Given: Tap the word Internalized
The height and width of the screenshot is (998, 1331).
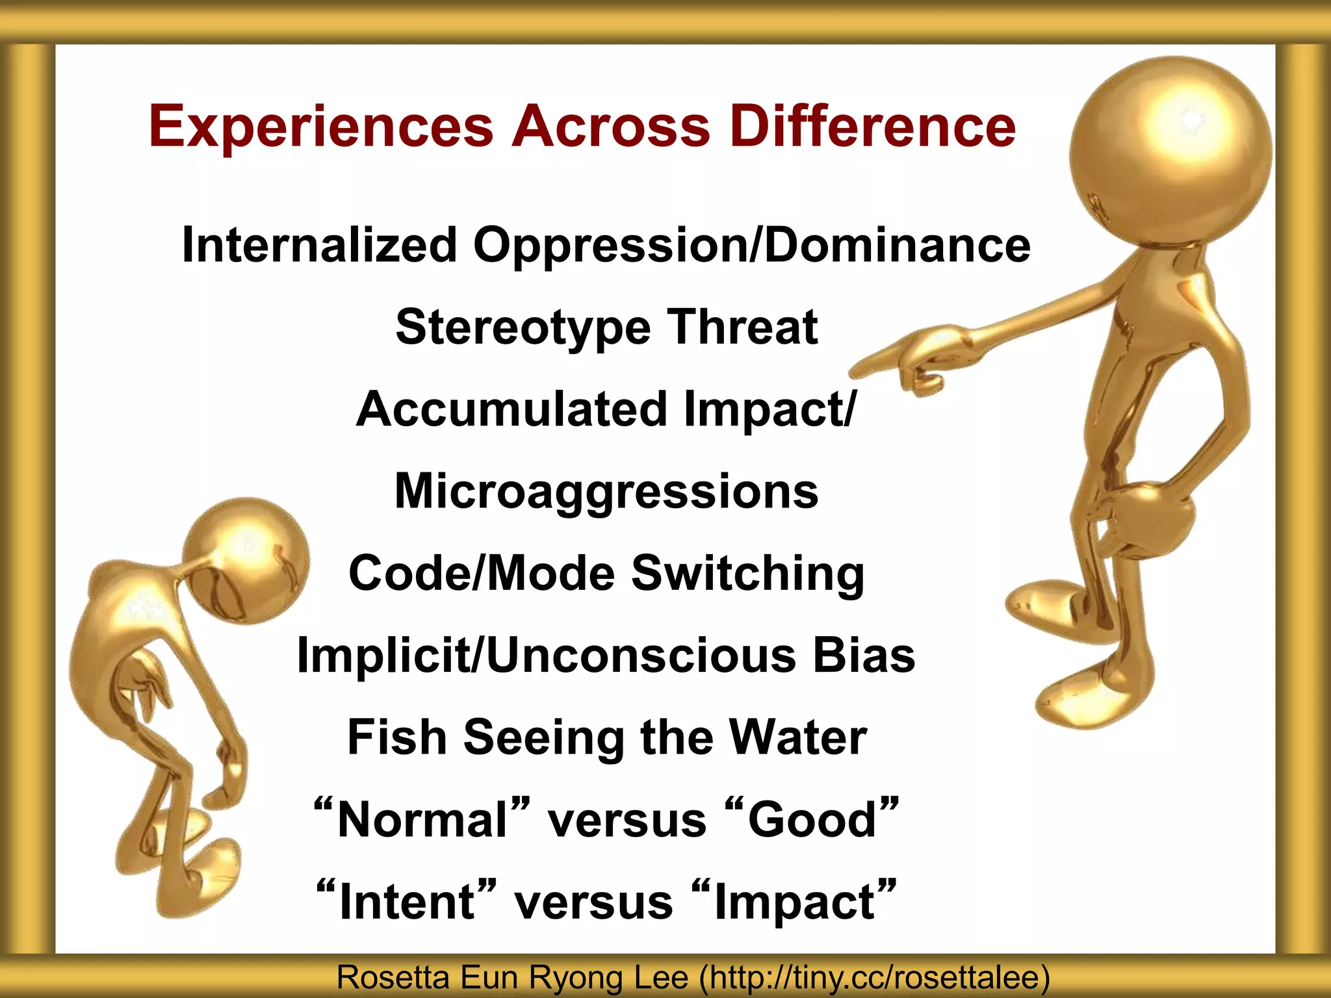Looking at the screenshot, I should click(x=320, y=245).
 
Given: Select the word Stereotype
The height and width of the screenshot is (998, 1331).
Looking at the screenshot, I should click(x=523, y=328).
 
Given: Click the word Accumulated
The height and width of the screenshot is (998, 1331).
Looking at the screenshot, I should click(x=512, y=409).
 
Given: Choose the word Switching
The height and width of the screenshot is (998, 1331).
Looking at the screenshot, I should click(x=748, y=574).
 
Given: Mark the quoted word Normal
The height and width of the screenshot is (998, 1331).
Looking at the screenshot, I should click(x=422, y=819).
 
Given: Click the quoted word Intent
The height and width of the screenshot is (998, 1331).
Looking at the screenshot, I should click(x=407, y=901).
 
